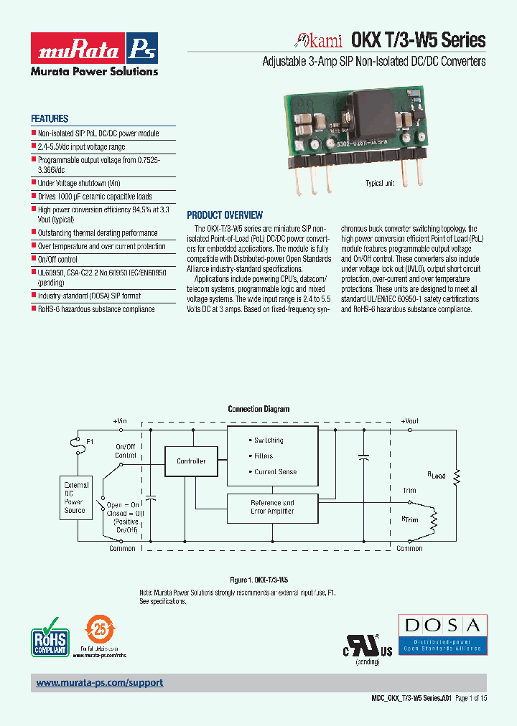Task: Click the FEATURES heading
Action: tap(50, 119)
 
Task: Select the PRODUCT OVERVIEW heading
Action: tap(225, 215)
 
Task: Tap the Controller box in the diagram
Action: tap(191, 461)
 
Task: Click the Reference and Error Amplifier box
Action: tap(272, 507)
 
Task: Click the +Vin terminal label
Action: tap(120, 421)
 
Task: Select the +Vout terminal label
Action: tap(410, 421)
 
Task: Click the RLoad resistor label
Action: tap(437, 476)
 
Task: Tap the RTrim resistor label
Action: tap(411, 518)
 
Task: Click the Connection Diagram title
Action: tap(258, 409)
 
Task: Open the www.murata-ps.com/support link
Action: tap(100, 683)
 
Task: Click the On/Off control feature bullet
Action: tap(57, 259)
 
